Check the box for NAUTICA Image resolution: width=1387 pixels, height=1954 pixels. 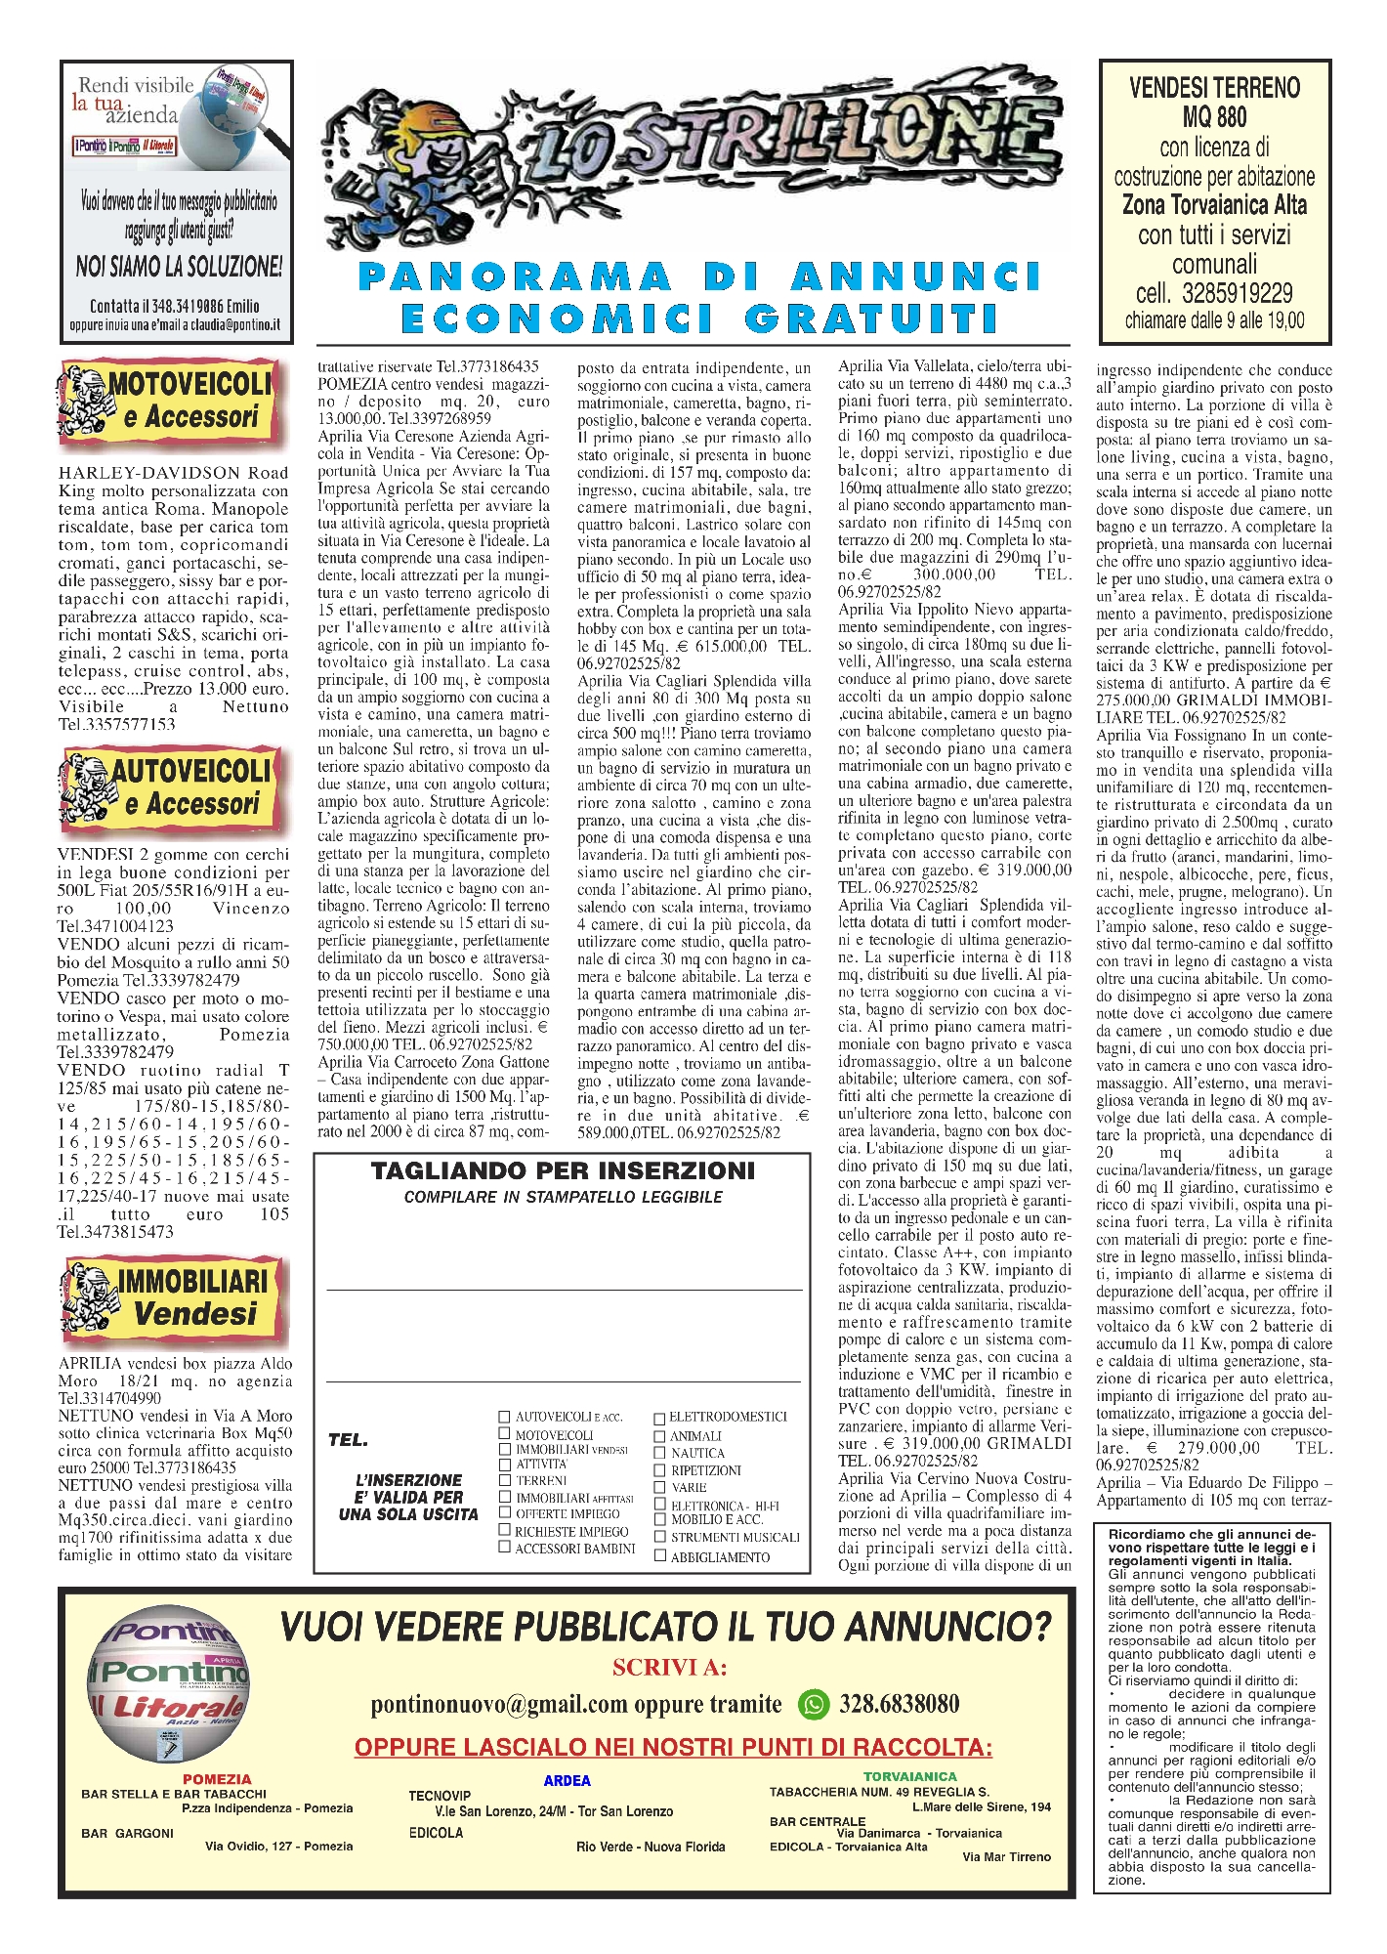[x=659, y=1453]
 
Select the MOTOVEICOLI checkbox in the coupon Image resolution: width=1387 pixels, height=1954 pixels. [x=505, y=1433]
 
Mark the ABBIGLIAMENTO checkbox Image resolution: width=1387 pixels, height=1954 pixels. [x=659, y=1555]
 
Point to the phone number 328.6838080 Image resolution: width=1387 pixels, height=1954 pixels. [x=899, y=1704]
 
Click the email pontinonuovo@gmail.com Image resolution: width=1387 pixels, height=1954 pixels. [x=498, y=1705]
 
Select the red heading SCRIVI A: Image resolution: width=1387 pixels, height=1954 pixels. [x=669, y=1667]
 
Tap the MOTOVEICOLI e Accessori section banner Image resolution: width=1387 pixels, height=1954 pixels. [x=174, y=401]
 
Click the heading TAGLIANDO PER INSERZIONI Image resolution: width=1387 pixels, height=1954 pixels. [x=563, y=1170]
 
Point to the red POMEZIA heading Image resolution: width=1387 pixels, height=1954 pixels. [x=217, y=1779]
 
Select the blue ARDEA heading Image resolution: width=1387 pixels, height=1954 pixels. [x=567, y=1780]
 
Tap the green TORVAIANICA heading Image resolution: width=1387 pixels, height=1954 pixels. [x=909, y=1776]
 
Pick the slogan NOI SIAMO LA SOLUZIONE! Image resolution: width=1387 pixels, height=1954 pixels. [x=179, y=266]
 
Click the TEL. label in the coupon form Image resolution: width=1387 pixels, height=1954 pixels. [x=348, y=1440]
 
